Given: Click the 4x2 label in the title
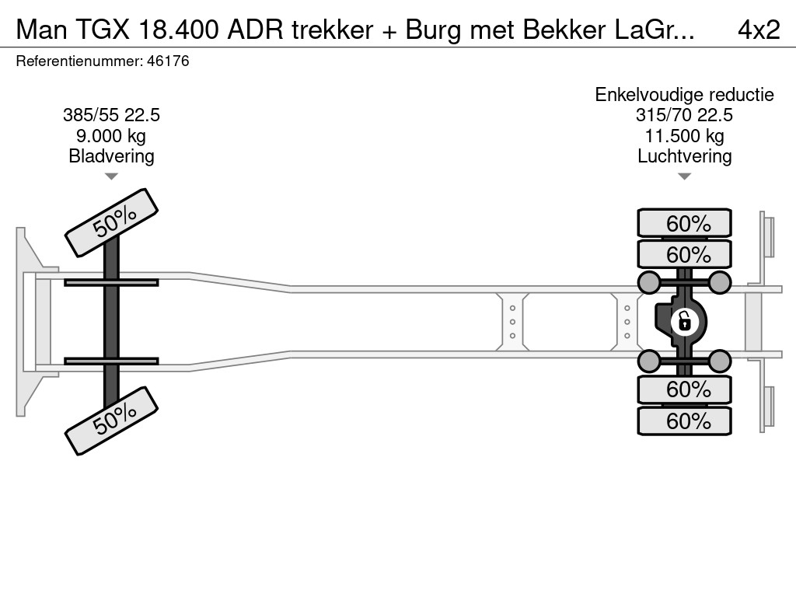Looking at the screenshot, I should tap(758, 30).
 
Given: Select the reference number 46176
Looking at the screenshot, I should tap(167, 61).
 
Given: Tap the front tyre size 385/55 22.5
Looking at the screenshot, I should tap(111, 116).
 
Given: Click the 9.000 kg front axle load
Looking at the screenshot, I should tap(111, 136).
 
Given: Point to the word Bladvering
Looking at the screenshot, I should tap(111, 156).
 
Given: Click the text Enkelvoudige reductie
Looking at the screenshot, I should tap(684, 95).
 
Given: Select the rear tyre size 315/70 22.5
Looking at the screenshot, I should tap(684, 116).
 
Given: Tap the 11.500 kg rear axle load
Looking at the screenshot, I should tap(684, 136).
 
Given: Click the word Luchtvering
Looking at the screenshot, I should tap(684, 156).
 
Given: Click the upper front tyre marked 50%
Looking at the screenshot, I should tap(111, 222).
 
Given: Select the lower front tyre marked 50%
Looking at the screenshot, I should tap(111, 420).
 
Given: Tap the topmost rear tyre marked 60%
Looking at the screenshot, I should tap(684, 224).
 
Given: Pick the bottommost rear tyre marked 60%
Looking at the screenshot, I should tap(684, 421).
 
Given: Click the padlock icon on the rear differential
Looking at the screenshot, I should tap(684, 319).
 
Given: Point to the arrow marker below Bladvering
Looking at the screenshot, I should tap(111, 176).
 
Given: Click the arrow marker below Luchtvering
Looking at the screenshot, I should tap(684, 176).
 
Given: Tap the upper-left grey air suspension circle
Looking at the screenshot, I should tap(648, 281).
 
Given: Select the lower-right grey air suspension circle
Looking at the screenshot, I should tap(720, 361).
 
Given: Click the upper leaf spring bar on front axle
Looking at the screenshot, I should tap(111, 281).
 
